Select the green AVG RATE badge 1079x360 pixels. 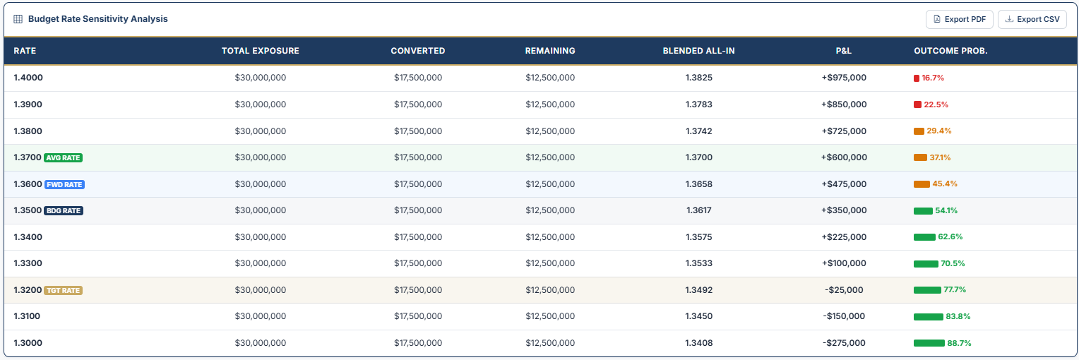click(64, 158)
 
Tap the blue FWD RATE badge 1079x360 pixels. click(64, 184)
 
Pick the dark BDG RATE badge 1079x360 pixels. click(64, 210)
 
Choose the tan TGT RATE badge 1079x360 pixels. click(64, 290)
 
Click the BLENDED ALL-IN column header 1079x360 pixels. click(698, 51)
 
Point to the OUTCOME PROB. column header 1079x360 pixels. click(950, 51)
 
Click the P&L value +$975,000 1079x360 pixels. click(843, 78)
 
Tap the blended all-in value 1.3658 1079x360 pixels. click(698, 184)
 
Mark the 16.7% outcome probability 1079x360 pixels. click(932, 78)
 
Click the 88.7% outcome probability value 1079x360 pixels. click(959, 343)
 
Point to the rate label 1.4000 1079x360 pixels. click(28, 78)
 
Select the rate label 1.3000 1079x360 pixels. click(28, 343)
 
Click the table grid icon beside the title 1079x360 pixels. click(18, 19)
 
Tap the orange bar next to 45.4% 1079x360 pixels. click(922, 184)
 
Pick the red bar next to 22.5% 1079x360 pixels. click(917, 104)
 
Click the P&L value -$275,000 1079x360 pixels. click(843, 343)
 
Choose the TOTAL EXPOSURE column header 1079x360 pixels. click(260, 51)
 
